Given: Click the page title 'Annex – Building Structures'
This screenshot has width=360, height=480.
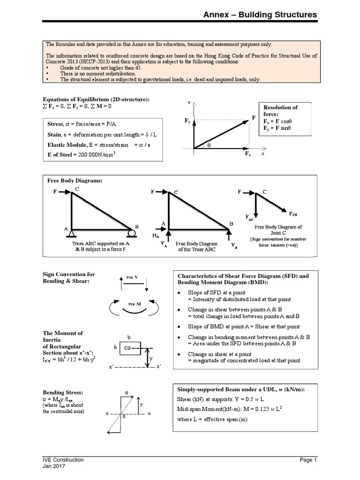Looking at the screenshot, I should point(260,15).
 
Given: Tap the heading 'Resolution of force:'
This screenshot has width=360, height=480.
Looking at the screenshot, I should point(281,111).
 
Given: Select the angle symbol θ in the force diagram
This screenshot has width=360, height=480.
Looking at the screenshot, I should point(209,145).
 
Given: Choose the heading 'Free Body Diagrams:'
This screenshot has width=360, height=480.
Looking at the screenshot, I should point(75,180).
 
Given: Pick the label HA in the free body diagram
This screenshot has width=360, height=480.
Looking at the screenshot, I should point(156,237).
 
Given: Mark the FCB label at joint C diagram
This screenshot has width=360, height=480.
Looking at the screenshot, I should point(293,214).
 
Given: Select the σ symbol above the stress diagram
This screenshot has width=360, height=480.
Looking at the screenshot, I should point(127,391).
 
